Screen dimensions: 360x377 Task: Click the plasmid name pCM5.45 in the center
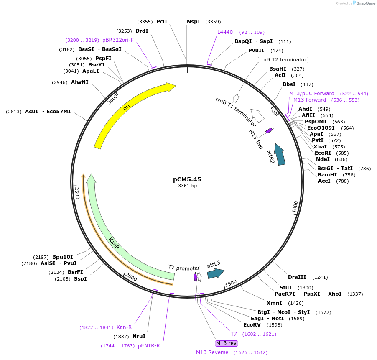(x=187, y=179)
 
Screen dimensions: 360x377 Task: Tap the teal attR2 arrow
(x=278, y=156)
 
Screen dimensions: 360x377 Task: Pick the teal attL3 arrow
(x=215, y=273)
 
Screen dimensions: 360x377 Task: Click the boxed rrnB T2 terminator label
(x=283, y=60)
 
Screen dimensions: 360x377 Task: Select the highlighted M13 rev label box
(x=226, y=343)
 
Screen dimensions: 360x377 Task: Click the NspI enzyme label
(x=194, y=22)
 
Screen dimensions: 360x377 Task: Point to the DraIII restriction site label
(x=297, y=277)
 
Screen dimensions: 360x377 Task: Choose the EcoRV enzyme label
(x=252, y=324)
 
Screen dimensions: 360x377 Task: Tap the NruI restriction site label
(x=139, y=336)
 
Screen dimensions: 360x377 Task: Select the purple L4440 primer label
(x=225, y=32)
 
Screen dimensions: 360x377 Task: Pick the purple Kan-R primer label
(x=124, y=327)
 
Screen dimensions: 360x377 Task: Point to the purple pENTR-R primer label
(x=149, y=346)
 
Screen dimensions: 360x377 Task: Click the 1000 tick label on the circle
(x=295, y=207)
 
